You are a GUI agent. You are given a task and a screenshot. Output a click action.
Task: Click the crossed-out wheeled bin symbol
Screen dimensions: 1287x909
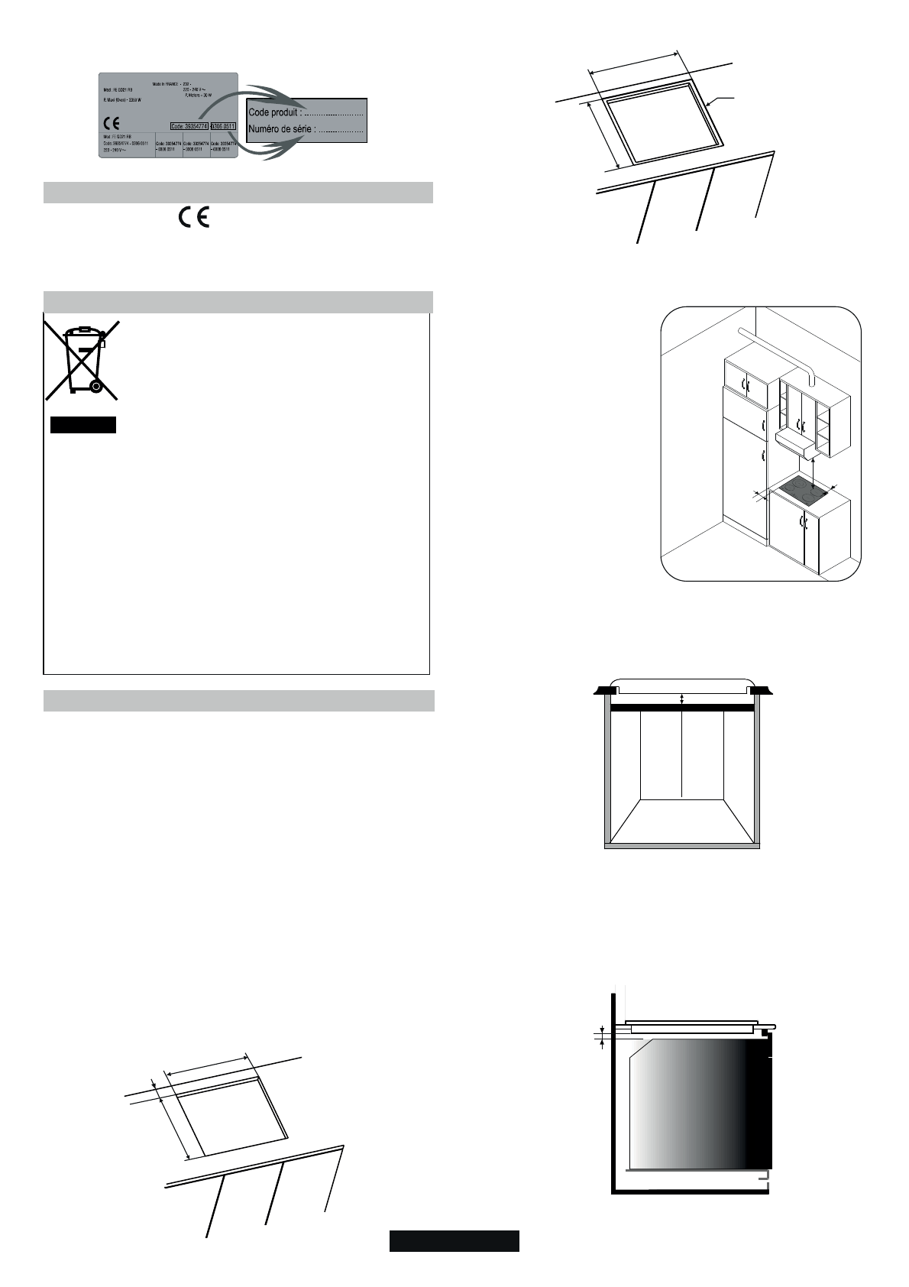click(82, 360)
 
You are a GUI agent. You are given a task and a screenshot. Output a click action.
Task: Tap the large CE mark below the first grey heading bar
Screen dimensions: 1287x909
click(194, 217)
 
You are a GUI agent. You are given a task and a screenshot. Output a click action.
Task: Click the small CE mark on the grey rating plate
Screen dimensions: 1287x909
click(112, 123)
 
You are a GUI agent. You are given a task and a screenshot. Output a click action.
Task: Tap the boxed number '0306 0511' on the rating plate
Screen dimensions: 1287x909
click(222, 126)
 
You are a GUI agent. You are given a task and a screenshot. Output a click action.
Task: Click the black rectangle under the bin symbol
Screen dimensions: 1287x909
click(82, 425)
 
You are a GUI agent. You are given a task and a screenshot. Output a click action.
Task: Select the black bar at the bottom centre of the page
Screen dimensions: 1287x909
click(454, 1240)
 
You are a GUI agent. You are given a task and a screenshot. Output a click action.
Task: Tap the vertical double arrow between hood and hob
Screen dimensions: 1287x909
click(814, 470)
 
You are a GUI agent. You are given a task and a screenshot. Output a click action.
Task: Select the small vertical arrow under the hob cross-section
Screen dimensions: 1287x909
click(681, 698)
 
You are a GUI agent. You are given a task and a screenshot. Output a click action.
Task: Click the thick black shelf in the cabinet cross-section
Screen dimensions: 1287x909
click(681, 709)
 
